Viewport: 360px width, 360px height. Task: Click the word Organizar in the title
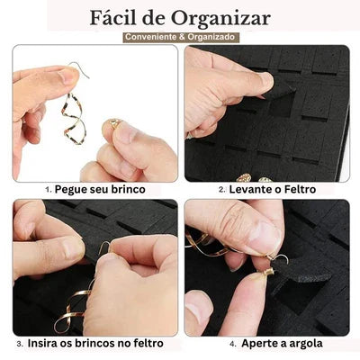[x=220, y=19]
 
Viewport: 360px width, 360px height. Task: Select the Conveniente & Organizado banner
[x=180, y=37]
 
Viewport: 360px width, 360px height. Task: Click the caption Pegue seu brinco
[x=100, y=189]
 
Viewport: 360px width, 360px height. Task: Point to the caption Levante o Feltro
[x=273, y=189]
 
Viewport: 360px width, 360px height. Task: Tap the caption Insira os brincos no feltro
[x=95, y=343]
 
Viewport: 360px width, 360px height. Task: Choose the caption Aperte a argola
[x=282, y=343]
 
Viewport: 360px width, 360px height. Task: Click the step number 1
[x=49, y=190]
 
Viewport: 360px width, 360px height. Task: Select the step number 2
[x=222, y=190]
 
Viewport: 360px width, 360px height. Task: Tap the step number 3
[x=20, y=344]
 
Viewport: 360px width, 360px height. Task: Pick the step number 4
[x=233, y=344]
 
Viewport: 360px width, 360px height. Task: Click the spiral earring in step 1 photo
[x=74, y=119]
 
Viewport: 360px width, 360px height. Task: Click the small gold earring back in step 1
[x=114, y=123]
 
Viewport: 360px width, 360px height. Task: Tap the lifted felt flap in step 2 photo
[x=281, y=89]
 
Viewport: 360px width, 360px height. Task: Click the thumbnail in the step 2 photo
[x=265, y=80]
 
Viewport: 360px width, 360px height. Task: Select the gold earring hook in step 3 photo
[x=105, y=247]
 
